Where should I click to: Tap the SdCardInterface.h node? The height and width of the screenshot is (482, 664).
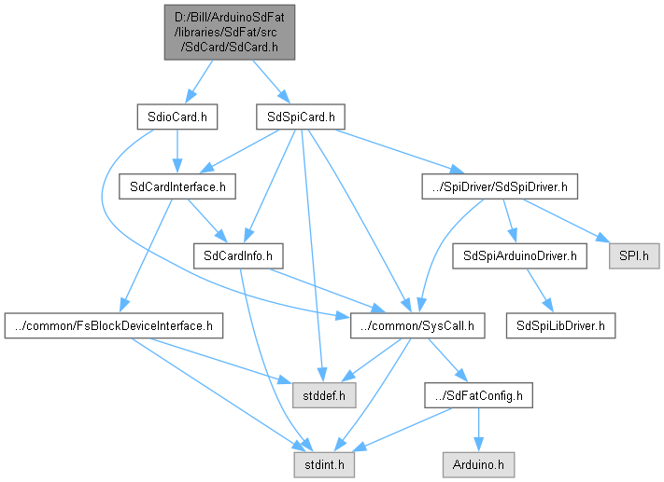click(176, 186)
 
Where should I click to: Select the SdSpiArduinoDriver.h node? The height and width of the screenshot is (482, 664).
click(518, 255)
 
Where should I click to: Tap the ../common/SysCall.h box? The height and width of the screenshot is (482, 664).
click(417, 325)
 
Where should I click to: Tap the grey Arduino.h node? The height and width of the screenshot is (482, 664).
click(478, 461)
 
